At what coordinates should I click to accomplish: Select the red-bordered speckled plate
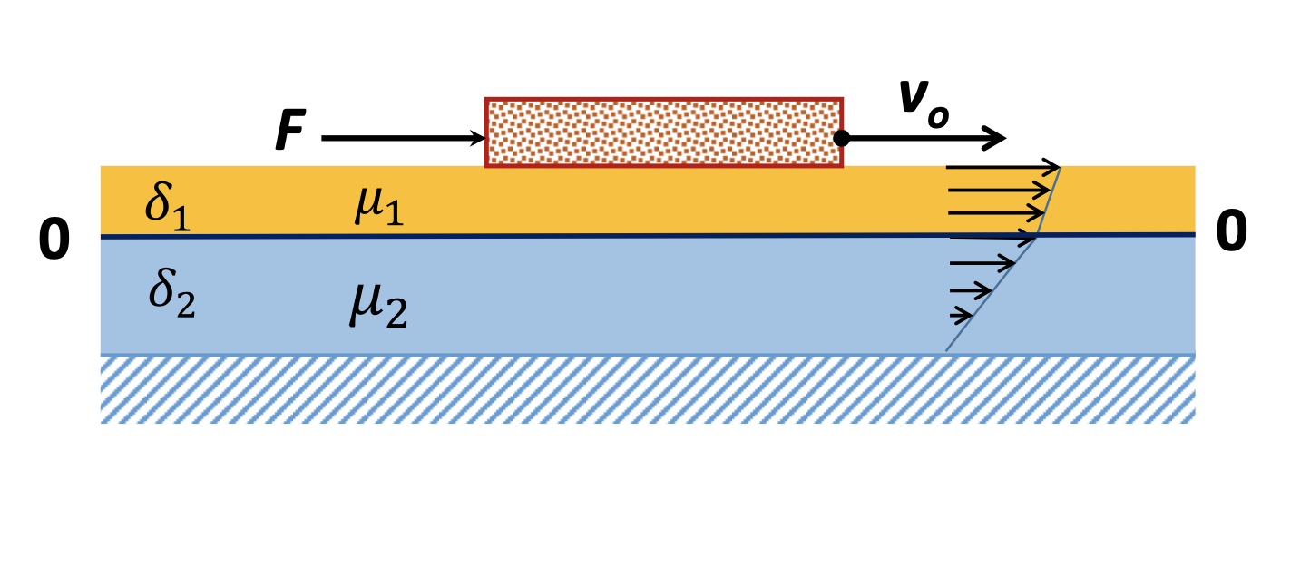pyautogui.click(x=664, y=132)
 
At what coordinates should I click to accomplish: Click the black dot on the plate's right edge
pyautogui.click(x=842, y=138)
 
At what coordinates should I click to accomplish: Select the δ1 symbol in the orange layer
pyautogui.click(x=168, y=208)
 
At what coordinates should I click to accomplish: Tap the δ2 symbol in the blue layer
pyautogui.click(x=171, y=294)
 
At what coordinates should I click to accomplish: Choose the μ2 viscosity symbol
pyautogui.click(x=377, y=306)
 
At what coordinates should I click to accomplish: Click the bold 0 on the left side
pyautogui.click(x=54, y=242)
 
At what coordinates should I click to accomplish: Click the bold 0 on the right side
pyautogui.click(x=1231, y=233)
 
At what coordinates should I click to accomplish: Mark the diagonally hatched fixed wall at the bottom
pyautogui.click(x=647, y=388)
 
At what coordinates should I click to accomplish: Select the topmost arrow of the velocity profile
pyautogui.click(x=1002, y=168)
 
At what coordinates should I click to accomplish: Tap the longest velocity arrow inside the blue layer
pyautogui.click(x=982, y=264)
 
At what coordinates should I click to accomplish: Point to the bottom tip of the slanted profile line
pyautogui.click(x=946, y=351)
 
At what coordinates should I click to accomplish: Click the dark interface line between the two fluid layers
pyautogui.click(x=544, y=236)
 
